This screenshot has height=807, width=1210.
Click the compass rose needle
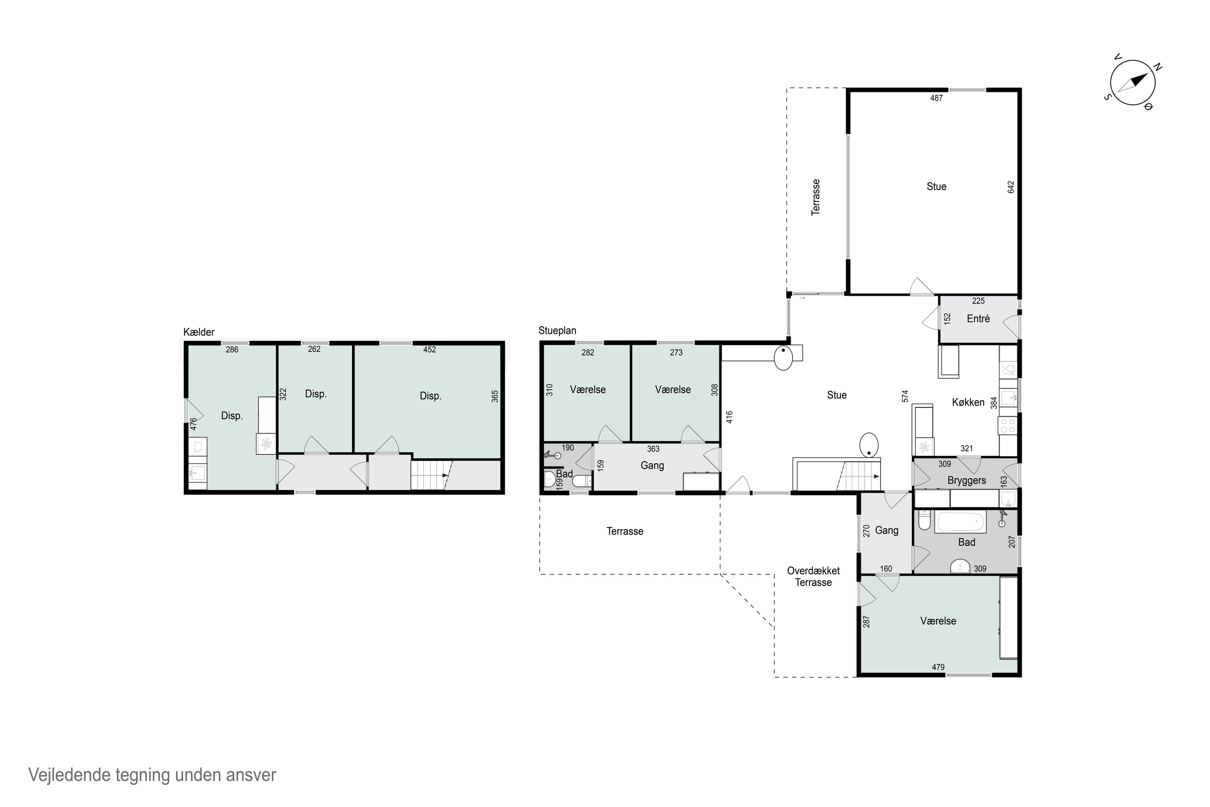pos(1133,83)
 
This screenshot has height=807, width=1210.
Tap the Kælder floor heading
pos(199,332)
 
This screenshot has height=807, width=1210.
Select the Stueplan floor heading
pos(557,331)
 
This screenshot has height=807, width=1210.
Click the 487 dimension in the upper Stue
pos(936,98)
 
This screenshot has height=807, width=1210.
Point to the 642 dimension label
pos(1011,187)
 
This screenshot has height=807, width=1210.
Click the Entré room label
pos(978,319)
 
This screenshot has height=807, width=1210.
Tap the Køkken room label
pos(968,402)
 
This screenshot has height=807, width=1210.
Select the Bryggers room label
pos(966,481)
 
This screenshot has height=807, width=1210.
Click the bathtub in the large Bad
pos(960,522)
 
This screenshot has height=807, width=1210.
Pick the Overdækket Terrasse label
pos(813,576)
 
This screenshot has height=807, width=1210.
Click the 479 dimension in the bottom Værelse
pos(938,667)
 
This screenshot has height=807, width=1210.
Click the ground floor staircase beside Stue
pos(858,476)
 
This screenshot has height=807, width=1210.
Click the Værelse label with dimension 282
pos(588,390)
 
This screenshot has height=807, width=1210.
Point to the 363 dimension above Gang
pos(653,449)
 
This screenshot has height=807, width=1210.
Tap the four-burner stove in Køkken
pos(1007,426)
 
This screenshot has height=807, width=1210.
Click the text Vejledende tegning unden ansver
pos(152,775)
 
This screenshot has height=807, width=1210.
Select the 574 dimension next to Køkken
pos(905,396)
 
